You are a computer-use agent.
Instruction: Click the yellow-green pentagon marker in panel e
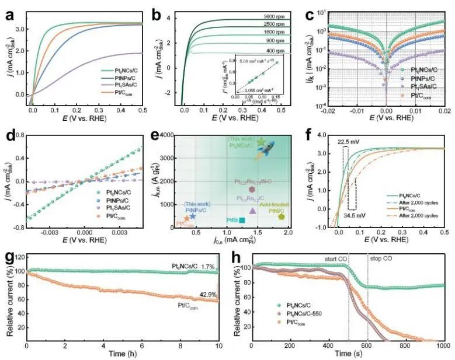282,216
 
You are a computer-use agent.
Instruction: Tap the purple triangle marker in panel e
252,211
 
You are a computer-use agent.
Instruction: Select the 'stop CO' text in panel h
380,256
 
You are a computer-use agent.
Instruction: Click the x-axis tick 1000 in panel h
442,347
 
